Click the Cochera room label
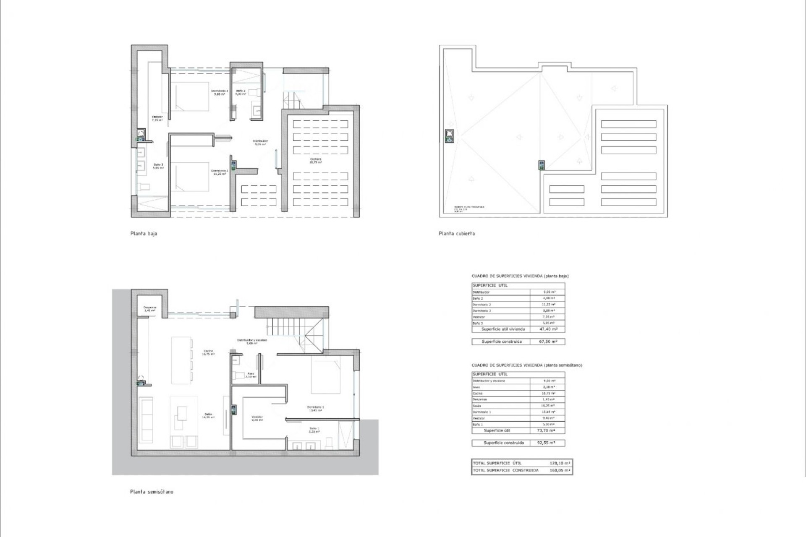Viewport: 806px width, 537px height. point(316,160)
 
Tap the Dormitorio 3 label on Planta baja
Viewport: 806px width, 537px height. point(220,92)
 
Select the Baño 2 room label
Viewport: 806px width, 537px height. point(241,92)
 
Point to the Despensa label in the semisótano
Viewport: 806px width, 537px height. point(150,309)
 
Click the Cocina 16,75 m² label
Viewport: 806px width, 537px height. point(208,352)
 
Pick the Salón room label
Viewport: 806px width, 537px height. point(208,415)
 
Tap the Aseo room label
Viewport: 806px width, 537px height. point(251,375)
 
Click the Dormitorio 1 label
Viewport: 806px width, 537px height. point(315,409)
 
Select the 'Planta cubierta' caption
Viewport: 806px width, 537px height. point(457,234)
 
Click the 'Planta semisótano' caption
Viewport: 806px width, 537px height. point(152,492)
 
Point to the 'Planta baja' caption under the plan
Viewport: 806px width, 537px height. point(144,234)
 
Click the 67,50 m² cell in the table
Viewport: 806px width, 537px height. point(548,341)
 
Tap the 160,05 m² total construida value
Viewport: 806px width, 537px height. point(560,470)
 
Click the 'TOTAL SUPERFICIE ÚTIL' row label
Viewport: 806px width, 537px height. point(497,463)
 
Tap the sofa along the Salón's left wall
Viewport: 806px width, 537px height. point(147,420)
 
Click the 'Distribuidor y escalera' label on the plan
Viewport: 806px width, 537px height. point(252,341)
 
